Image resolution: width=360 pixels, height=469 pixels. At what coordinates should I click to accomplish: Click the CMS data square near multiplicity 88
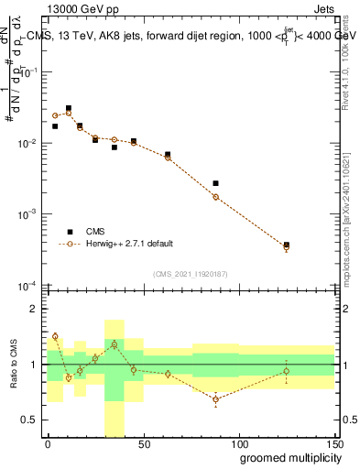tap(215, 183)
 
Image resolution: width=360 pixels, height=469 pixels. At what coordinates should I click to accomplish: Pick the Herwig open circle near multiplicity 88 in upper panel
tap(215, 197)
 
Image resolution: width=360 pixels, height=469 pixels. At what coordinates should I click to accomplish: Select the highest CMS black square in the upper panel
tap(69, 108)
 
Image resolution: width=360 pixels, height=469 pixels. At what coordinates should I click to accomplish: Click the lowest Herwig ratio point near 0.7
tap(215, 399)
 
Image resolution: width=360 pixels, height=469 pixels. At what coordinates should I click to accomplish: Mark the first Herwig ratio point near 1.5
tap(55, 336)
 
